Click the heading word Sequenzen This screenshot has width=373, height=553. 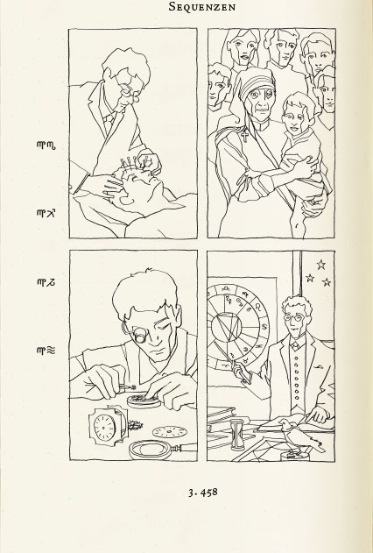click(x=202, y=6)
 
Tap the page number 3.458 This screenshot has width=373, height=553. click(x=203, y=493)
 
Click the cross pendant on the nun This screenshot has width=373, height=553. click(x=245, y=136)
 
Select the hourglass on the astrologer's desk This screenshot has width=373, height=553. click(x=237, y=434)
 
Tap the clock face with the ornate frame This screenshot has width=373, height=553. click(x=104, y=427)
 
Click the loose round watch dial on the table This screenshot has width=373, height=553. click(x=170, y=432)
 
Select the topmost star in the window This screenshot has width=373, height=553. click(x=320, y=265)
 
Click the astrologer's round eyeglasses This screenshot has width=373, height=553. click(x=294, y=318)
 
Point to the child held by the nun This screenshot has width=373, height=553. click(x=303, y=148)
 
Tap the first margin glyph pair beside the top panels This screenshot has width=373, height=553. click(x=46, y=145)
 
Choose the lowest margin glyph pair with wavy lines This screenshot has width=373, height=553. click(x=46, y=351)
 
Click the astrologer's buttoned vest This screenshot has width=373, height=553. click(x=297, y=378)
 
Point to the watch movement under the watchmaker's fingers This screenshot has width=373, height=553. click(x=143, y=401)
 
